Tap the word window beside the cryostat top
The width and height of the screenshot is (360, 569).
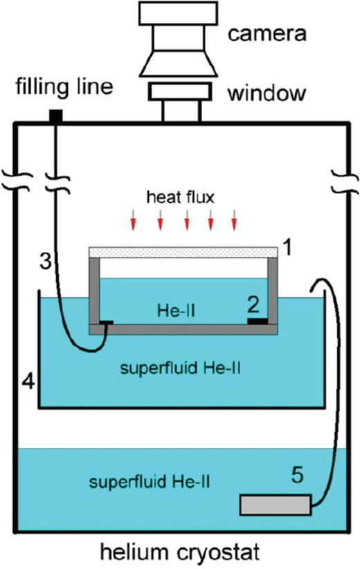coord(269,93)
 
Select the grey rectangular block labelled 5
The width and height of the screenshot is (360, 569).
coord(275,505)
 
